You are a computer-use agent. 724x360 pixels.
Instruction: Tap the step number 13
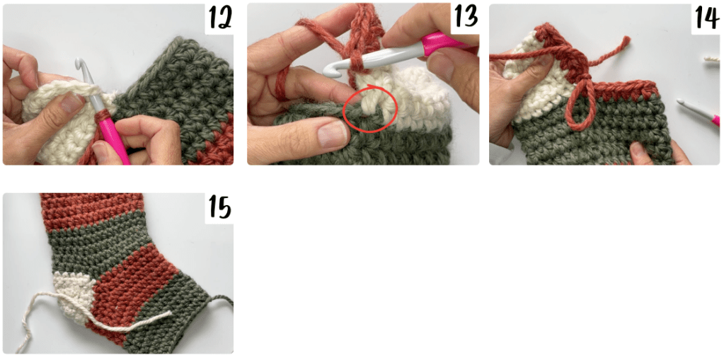click(x=464, y=18)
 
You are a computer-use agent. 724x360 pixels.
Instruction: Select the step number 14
click(x=706, y=18)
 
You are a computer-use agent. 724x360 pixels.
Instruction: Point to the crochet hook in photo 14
click(x=698, y=111)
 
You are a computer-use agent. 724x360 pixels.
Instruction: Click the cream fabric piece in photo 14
click(x=531, y=88)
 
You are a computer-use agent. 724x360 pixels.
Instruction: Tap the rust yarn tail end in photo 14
click(x=627, y=40)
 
